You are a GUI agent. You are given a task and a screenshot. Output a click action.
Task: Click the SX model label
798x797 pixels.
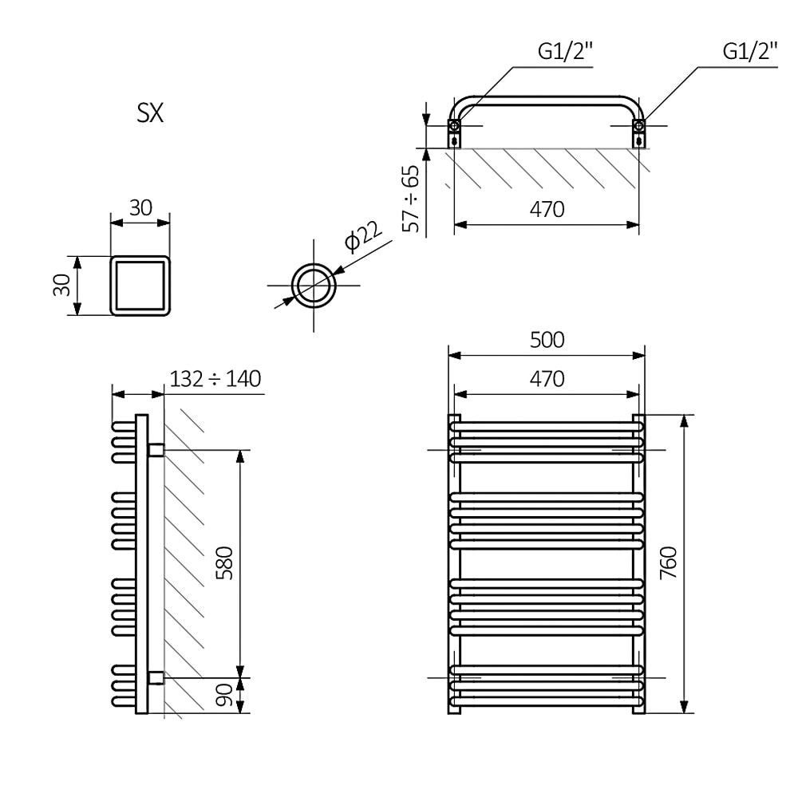[150, 114]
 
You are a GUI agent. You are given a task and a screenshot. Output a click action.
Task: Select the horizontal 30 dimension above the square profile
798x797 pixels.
[140, 208]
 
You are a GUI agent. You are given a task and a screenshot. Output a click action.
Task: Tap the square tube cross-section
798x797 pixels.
[140, 285]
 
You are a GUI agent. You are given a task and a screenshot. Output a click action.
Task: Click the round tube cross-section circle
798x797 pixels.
[314, 286]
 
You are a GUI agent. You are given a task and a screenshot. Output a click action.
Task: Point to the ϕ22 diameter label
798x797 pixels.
[363, 237]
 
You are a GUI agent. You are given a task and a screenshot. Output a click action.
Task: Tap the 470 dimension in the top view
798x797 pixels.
[547, 210]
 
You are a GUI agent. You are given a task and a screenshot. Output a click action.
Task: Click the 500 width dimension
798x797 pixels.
[547, 340]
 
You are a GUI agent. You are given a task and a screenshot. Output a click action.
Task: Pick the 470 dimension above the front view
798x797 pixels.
[547, 378]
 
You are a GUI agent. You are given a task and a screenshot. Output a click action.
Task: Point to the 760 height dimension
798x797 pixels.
[668, 563]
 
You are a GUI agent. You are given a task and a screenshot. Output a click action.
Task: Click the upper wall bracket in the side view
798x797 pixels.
[156, 450]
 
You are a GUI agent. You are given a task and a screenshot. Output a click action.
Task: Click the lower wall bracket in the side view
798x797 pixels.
[156, 677]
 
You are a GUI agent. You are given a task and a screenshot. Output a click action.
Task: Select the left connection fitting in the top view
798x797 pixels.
[454, 132]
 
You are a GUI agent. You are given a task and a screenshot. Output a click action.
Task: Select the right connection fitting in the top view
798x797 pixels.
[638, 132]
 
